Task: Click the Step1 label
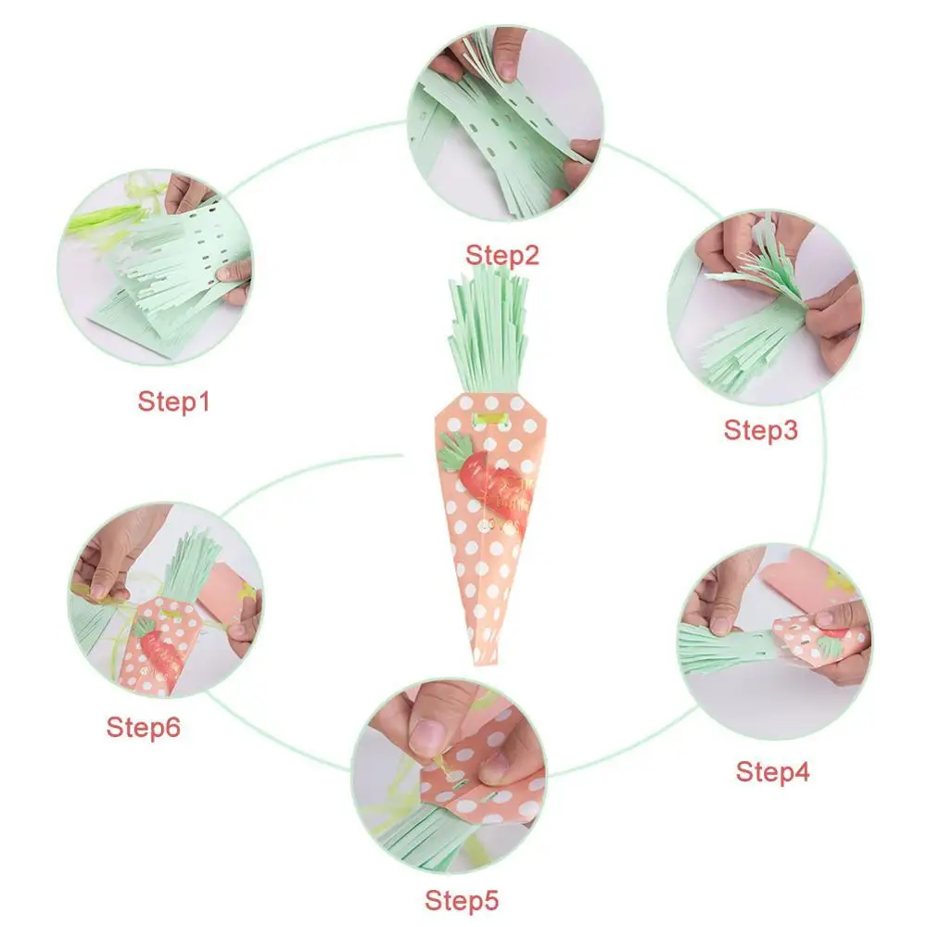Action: pyautogui.click(x=174, y=401)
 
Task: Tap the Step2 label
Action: pyautogui.click(x=502, y=254)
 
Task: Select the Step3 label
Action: pyautogui.click(x=760, y=429)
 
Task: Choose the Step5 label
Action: pyautogui.click(x=462, y=899)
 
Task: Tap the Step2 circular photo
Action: pyautogui.click(x=505, y=125)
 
